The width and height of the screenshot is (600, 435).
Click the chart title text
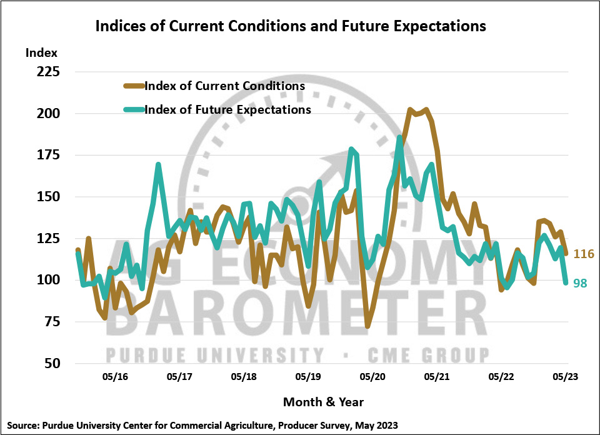(x=290, y=27)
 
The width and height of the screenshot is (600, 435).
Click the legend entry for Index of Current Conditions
(x=224, y=86)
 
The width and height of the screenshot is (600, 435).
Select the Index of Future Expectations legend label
(x=227, y=109)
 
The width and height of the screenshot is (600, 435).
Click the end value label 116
(x=583, y=254)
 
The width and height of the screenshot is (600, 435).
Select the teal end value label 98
(x=580, y=283)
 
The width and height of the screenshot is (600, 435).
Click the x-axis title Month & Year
(x=323, y=401)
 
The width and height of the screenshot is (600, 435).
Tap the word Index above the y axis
(x=41, y=52)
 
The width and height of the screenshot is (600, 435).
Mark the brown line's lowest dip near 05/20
(x=367, y=326)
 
